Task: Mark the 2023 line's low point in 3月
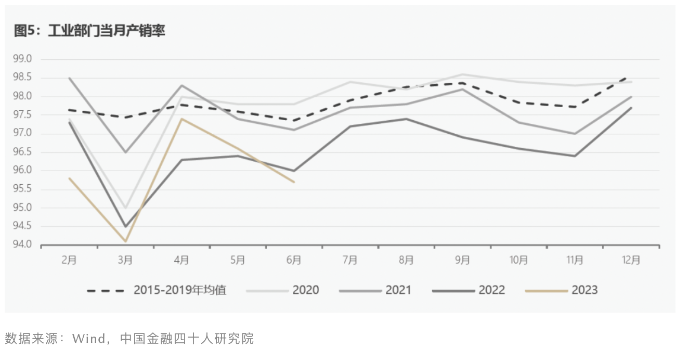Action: [x=125, y=241]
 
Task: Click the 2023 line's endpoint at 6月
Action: [x=294, y=182]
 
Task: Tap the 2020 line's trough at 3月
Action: [x=125, y=208]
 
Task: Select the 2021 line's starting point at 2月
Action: [x=69, y=78]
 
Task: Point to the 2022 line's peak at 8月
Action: [x=406, y=119]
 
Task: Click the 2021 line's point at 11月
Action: [x=575, y=134]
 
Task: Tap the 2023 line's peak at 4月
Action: [x=181, y=119]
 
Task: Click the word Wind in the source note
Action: [x=88, y=339]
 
